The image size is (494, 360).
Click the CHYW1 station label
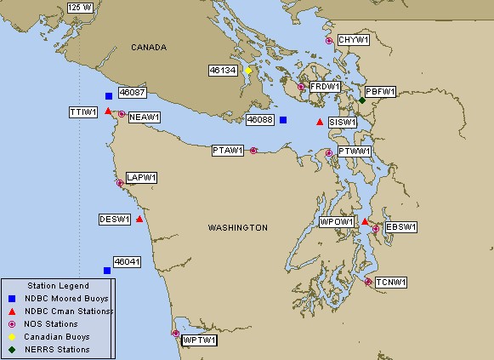pos(352,40)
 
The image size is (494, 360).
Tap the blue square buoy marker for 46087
pos(109,96)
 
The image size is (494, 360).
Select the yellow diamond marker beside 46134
pos(248,71)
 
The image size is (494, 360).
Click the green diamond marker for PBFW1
pos(362,100)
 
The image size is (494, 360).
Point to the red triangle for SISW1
pos(320,123)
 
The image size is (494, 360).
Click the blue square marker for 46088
pos(283,120)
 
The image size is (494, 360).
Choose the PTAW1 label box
pos(228,151)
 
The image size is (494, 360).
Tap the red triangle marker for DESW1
pos(139,219)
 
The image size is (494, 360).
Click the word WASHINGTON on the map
pos(237,228)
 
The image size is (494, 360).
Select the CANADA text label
pos(149,48)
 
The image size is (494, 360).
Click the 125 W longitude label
pos(80,7)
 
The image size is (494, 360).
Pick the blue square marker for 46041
pos(107,271)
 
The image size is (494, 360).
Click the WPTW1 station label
pos(200,340)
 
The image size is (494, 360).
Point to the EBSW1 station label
pos(400,227)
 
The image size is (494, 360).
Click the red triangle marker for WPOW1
pos(365,222)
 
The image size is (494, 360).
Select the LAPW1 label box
pos(142,178)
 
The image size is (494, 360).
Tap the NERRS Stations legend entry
pos(57,349)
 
